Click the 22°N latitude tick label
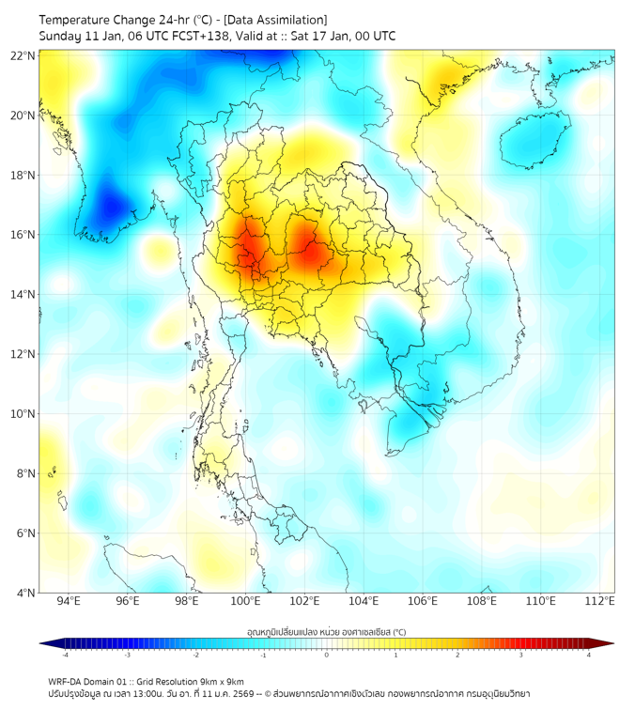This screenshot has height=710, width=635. pyautogui.click(x=23, y=55)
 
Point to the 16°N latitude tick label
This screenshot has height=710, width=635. pyautogui.click(x=23, y=235)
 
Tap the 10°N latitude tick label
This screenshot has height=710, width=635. pyautogui.click(x=23, y=414)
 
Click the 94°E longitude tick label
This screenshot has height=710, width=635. pyautogui.click(x=69, y=601)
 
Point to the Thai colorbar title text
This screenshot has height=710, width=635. pyautogui.click(x=326, y=632)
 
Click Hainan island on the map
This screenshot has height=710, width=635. pyautogui.click(x=535, y=141)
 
